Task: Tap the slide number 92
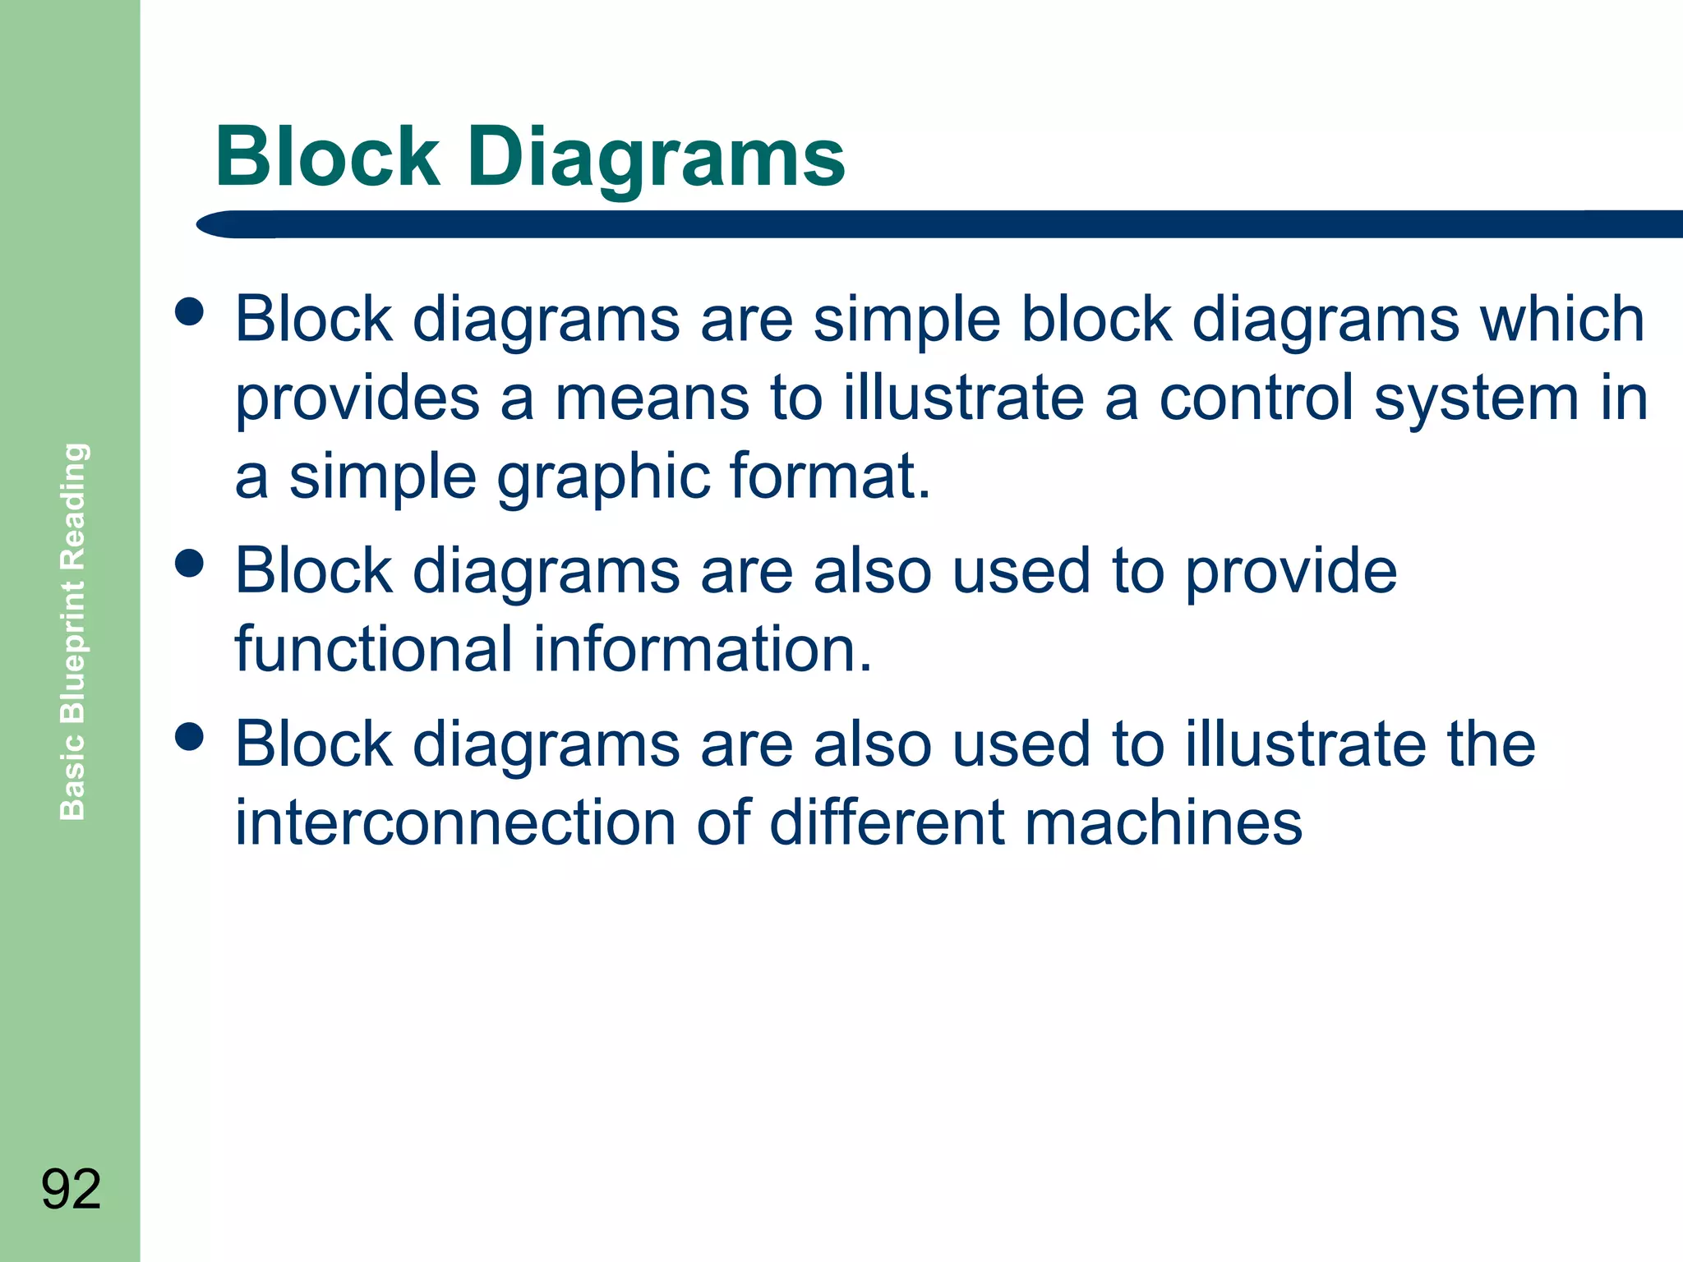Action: point(71,1189)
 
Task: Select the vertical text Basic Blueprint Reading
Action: point(73,631)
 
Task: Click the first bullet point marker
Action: point(190,311)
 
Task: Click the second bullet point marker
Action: point(190,564)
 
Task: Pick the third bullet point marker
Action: point(190,736)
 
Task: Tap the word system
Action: point(1476,399)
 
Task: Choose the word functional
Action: point(374,649)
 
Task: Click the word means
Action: point(652,399)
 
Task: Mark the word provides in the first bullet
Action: point(357,399)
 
